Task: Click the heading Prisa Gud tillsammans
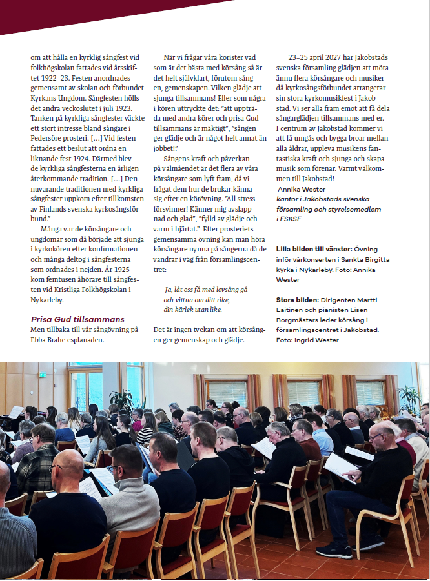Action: pos(77,319)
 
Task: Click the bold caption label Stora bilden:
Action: pos(300,300)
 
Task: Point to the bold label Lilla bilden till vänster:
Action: pos(314,248)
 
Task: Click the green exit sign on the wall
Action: pos(42,375)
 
